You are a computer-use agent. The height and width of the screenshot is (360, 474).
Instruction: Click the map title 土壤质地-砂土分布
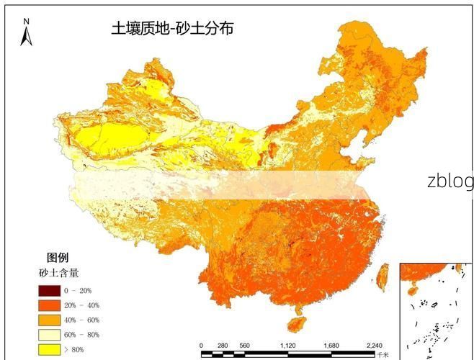click(x=172, y=29)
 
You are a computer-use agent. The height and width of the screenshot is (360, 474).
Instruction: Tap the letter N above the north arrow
click(x=27, y=22)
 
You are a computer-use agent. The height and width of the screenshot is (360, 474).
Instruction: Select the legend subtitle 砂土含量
click(x=58, y=273)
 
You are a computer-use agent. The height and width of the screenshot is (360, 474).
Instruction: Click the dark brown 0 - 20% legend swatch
click(x=49, y=290)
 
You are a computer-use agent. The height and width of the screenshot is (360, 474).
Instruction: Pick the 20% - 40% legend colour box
click(x=49, y=305)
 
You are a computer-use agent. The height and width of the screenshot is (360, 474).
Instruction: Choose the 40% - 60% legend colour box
click(x=49, y=320)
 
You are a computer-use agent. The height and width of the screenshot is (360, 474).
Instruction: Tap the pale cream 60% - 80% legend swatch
click(x=49, y=335)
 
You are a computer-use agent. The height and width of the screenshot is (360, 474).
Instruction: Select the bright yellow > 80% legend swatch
click(x=49, y=349)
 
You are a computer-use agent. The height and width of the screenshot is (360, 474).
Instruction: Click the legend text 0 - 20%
click(x=78, y=290)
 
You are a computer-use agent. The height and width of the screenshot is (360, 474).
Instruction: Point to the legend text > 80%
click(x=75, y=349)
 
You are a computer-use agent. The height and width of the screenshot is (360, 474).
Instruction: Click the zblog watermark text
click(x=450, y=181)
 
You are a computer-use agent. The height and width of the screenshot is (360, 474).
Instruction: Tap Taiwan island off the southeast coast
click(x=383, y=273)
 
